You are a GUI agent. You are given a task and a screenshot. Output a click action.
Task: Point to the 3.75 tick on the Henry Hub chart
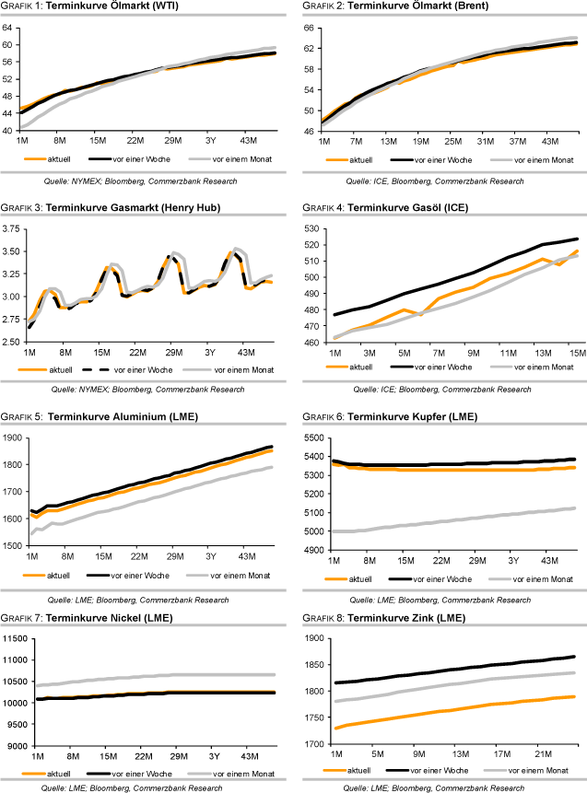pos(12,227)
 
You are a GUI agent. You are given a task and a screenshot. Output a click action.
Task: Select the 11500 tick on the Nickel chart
pos(15,638)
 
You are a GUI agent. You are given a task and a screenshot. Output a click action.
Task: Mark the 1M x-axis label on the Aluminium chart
pos(31,558)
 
